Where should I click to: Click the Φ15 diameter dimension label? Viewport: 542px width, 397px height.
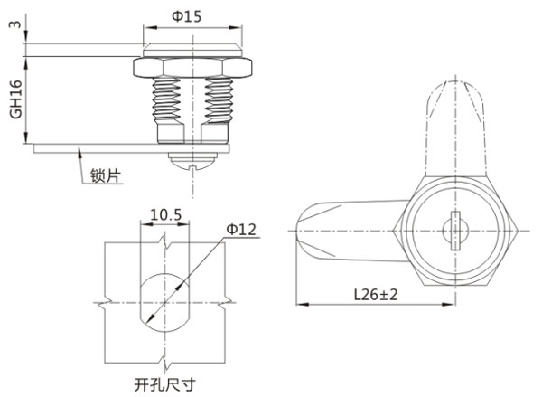point(191,16)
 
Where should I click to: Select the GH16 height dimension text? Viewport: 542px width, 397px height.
point(13,99)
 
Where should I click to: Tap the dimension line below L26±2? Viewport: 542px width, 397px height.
point(361,305)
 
